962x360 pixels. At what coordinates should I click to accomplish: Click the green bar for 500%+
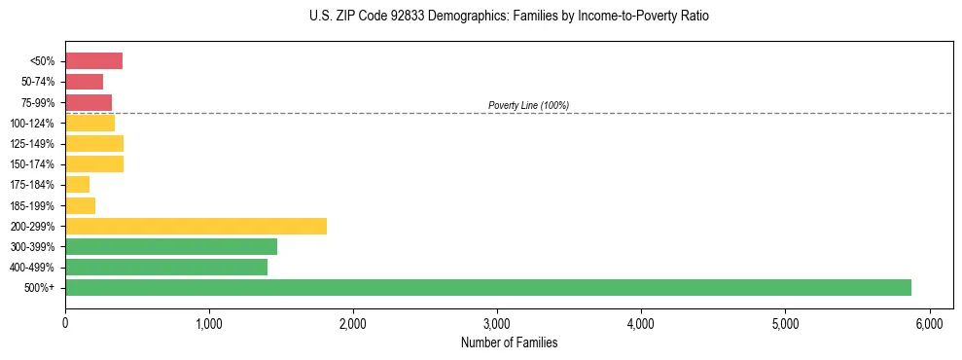(487, 288)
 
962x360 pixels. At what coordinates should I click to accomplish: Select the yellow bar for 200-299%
(196, 226)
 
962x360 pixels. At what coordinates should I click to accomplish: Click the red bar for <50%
(93, 61)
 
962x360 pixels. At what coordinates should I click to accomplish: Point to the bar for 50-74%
(84, 82)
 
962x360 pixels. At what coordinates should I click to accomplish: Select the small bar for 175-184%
(77, 185)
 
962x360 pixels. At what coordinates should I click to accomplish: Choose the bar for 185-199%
(80, 205)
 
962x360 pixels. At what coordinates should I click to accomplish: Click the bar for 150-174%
(94, 164)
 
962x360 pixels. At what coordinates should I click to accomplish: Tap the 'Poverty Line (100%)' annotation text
(528, 105)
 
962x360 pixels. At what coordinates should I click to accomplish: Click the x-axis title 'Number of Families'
(509, 343)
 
